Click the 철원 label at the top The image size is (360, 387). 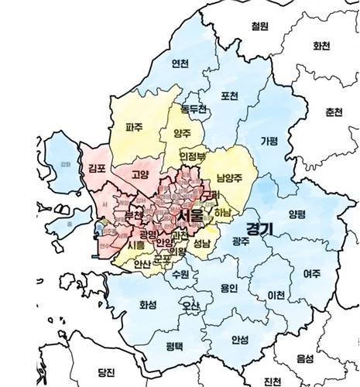[260, 26]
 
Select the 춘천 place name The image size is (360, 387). [334, 111]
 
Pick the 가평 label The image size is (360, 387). [269, 141]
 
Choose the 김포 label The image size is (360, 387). [97, 168]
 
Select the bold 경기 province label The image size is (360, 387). [259, 229]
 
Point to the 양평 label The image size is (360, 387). [297, 214]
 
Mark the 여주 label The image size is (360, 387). [311, 273]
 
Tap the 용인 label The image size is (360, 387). [229, 288]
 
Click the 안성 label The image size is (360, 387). [240, 339]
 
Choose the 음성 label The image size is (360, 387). [306, 358]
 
